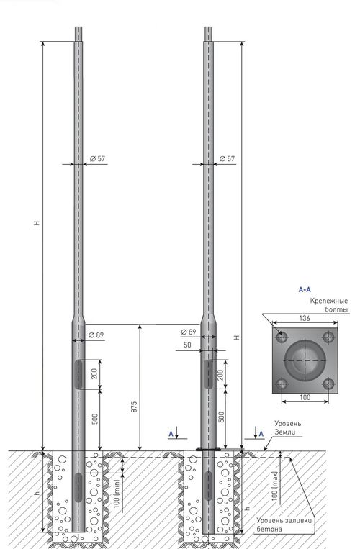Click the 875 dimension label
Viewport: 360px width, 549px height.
pyautogui.click(x=134, y=407)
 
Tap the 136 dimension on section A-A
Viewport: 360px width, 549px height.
pyautogui.click(x=305, y=318)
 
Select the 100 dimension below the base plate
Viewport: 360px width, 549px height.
pyautogui.click(x=305, y=397)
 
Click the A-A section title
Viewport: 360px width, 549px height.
pyautogui.click(x=305, y=289)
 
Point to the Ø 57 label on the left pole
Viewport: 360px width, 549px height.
pyautogui.click(x=97, y=158)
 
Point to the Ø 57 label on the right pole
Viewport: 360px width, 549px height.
pyautogui.click(x=227, y=158)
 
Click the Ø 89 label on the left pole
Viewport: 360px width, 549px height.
pyautogui.click(x=96, y=335)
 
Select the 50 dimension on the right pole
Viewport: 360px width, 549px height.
pyautogui.click(x=187, y=345)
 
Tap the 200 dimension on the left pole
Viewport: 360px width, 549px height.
pyautogui.click(x=94, y=374)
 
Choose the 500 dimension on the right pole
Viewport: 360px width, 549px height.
pyautogui.click(x=221, y=417)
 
